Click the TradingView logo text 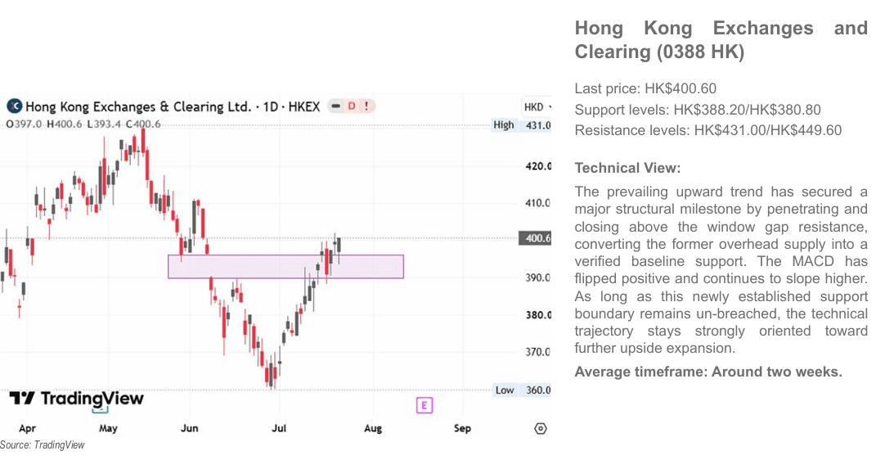(x=77, y=399)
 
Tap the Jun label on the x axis (x=190, y=428)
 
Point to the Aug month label (x=373, y=428)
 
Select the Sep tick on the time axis (x=462, y=428)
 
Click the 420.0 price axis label (x=538, y=166)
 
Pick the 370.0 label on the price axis (x=538, y=352)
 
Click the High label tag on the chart (x=503, y=124)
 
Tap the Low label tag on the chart (x=505, y=390)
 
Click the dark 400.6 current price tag (x=535, y=238)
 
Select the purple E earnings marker (x=425, y=405)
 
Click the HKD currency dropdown (x=537, y=106)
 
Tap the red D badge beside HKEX (x=352, y=106)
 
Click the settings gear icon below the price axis (x=540, y=429)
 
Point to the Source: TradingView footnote (x=43, y=445)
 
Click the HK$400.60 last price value (x=681, y=88)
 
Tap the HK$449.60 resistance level (x=806, y=130)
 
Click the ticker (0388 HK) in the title (x=701, y=52)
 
